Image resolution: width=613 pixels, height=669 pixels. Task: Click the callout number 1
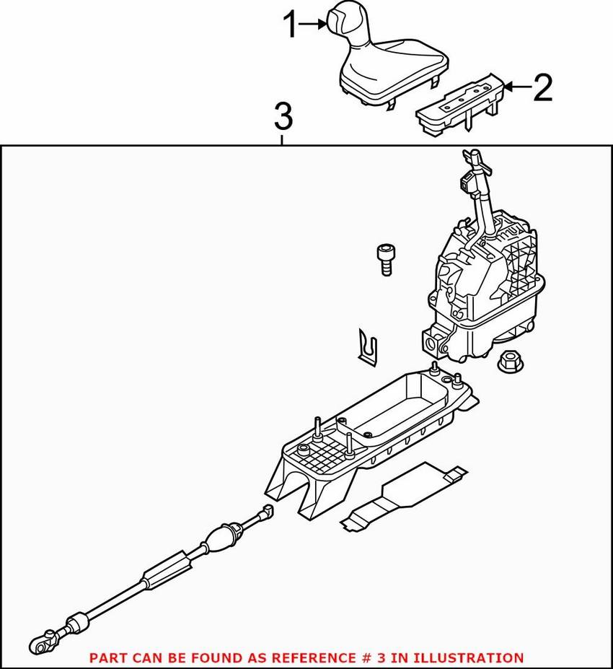290,26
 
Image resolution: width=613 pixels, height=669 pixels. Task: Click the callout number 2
542,88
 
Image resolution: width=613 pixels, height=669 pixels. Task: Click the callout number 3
283,115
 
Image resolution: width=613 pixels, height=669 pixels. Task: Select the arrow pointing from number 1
314,25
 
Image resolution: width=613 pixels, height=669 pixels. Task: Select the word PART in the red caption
106,658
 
